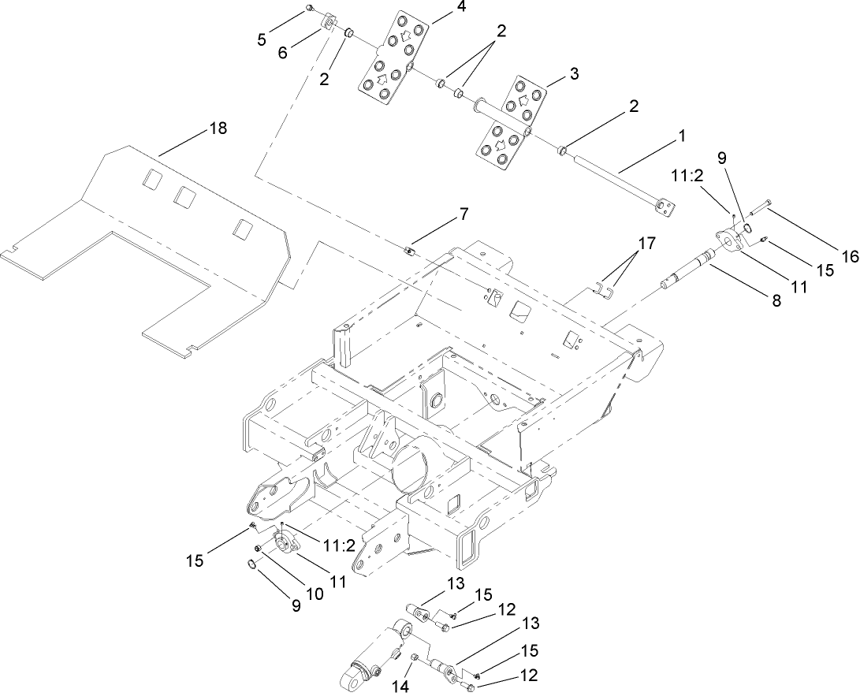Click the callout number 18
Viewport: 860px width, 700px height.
coord(218,128)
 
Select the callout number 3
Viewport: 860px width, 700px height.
coord(574,74)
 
